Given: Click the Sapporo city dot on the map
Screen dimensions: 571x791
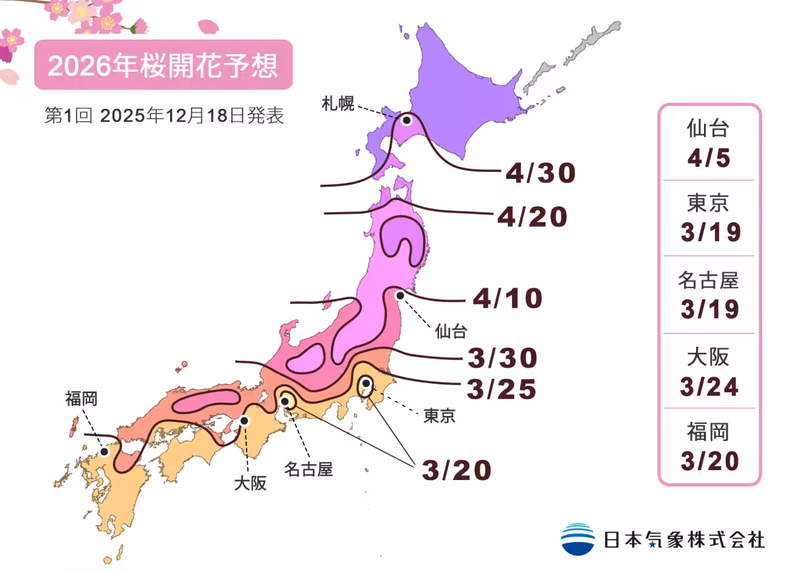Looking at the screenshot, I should click(x=407, y=120).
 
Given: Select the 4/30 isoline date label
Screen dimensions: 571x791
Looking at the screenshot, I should click(x=541, y=173).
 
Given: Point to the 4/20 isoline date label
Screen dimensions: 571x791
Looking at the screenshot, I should click(x=532, y=217).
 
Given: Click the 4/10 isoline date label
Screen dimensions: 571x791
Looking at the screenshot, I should click(x=507, y=299).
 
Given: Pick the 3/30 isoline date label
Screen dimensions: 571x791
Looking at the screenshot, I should click(x=502, y=359).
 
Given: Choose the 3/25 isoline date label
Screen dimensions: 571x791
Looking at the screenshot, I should click(x=501, y=389).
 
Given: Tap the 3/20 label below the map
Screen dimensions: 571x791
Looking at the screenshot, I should click(x=457, y=470).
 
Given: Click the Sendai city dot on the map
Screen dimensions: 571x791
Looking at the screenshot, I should click(x=399, y=296).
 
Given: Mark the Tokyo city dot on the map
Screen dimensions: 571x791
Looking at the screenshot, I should click(x=365, y=382).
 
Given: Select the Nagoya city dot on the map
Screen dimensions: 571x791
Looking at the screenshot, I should click(x=286, y=400).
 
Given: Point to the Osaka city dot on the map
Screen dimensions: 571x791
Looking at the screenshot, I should click(x=245, y=420).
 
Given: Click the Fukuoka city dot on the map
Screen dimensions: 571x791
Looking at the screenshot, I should click(x=104, y=452).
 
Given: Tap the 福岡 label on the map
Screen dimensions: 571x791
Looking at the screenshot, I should click(x=81, y=398).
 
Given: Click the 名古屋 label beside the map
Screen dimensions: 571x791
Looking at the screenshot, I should click(x=308, y=469).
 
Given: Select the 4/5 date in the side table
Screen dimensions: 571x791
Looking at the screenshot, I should click(x=709, y=159).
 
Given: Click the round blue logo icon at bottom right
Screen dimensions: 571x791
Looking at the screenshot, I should click(x=577, y=539).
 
